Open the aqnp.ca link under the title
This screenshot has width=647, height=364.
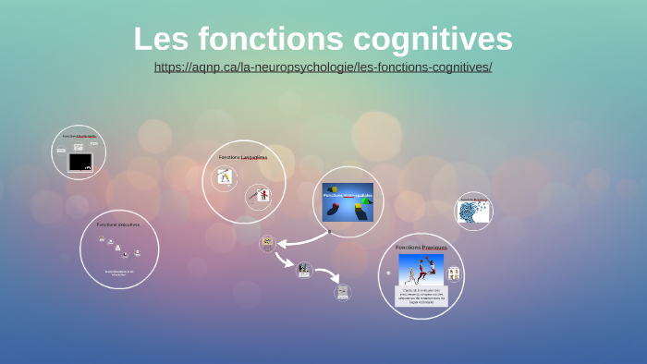[323, 67]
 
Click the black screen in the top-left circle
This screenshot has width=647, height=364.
[80, 162]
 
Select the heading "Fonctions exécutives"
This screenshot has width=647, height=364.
[118, 224]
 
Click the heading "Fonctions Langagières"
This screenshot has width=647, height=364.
[243, 157]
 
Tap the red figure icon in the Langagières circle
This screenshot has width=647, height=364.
[262, 195]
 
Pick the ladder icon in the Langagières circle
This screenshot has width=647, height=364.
[224, 176]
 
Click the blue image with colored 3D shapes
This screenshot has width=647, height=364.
[348, 201]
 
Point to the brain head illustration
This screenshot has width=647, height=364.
[473, 211]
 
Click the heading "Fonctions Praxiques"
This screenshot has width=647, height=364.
[421, 248]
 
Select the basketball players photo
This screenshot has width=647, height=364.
[421, 270]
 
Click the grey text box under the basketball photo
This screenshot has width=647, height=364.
[421, 297]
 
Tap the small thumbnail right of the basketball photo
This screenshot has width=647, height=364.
[454, 273]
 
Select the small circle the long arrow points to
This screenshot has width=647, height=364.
[268, 243]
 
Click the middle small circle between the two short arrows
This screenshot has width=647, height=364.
[304, 270]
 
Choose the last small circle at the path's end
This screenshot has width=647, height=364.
[343, 292]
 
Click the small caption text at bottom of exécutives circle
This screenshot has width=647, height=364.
[119, 273]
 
